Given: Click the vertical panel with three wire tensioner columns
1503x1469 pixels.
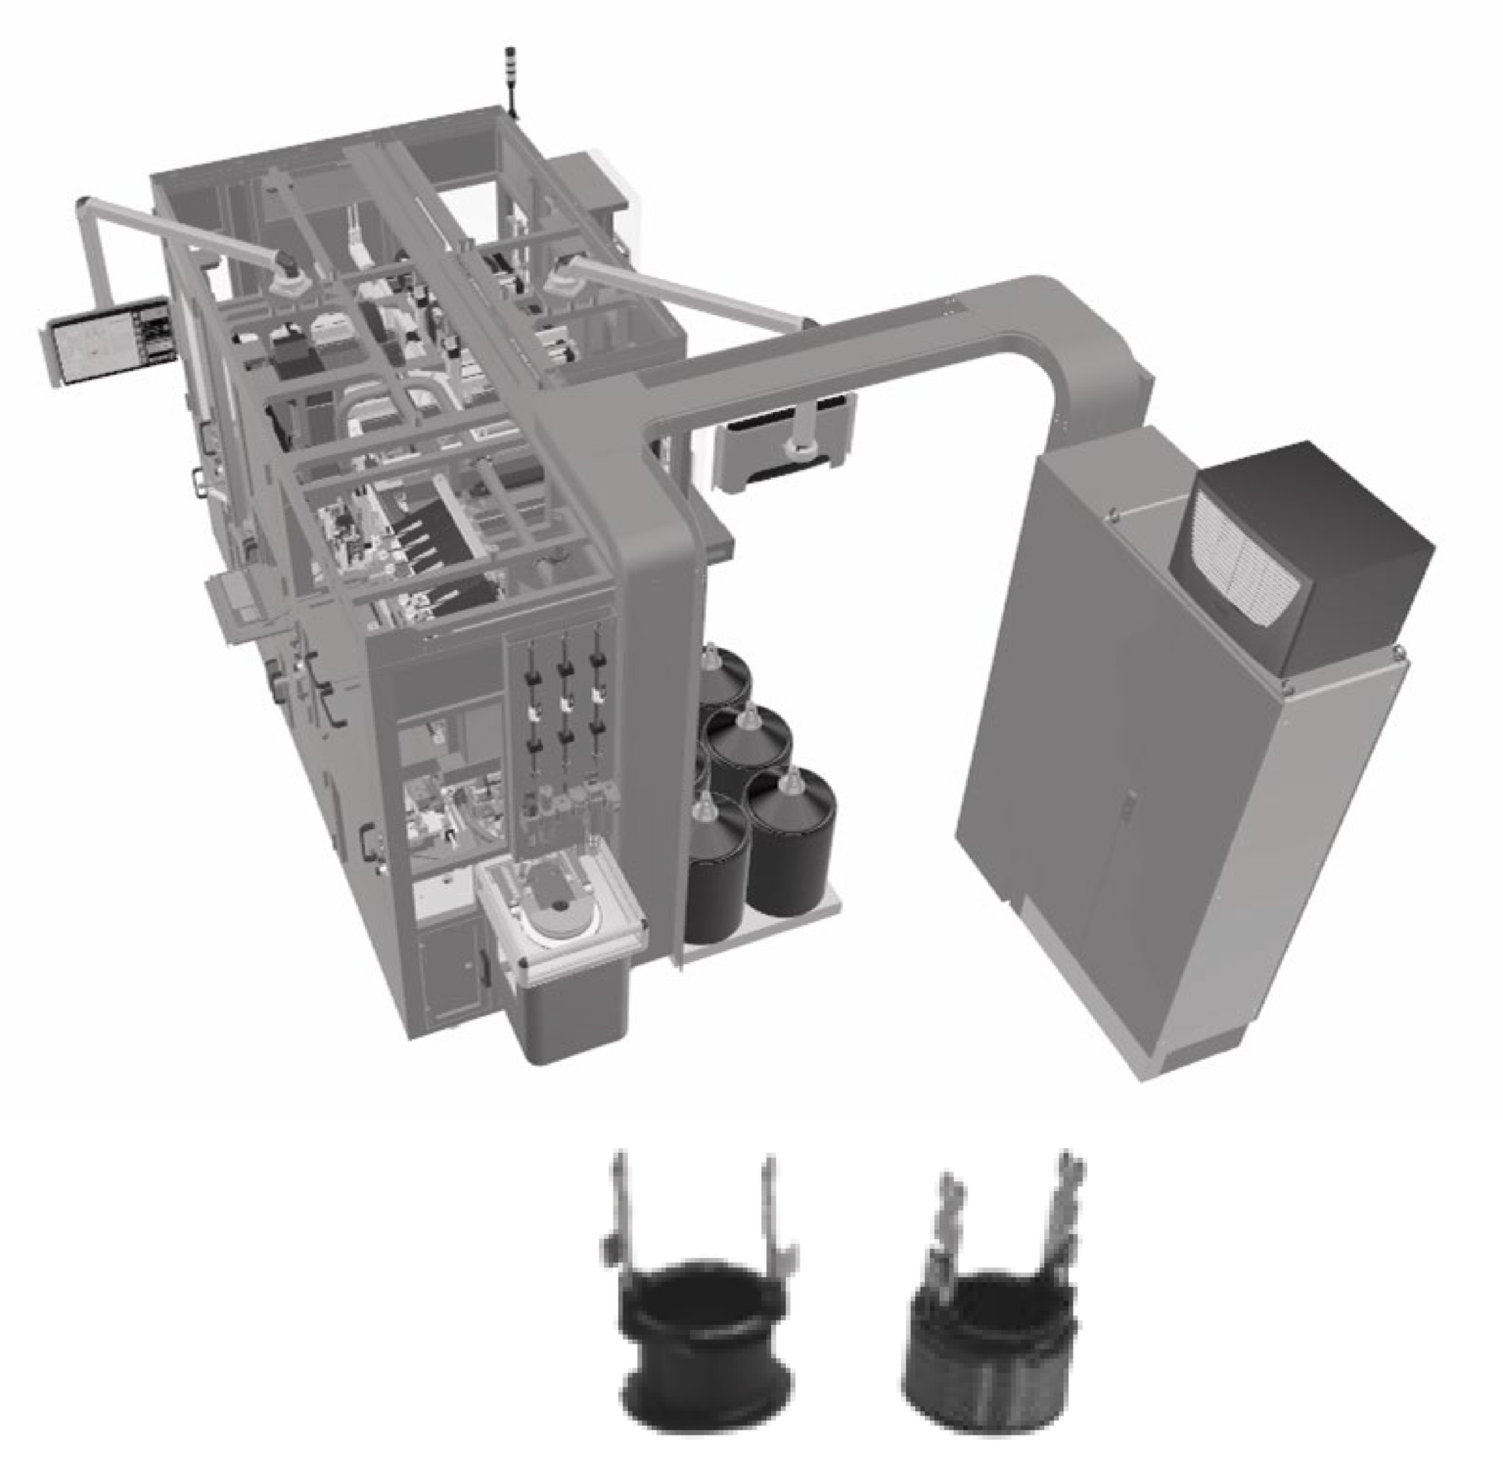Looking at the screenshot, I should point(564,734).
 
